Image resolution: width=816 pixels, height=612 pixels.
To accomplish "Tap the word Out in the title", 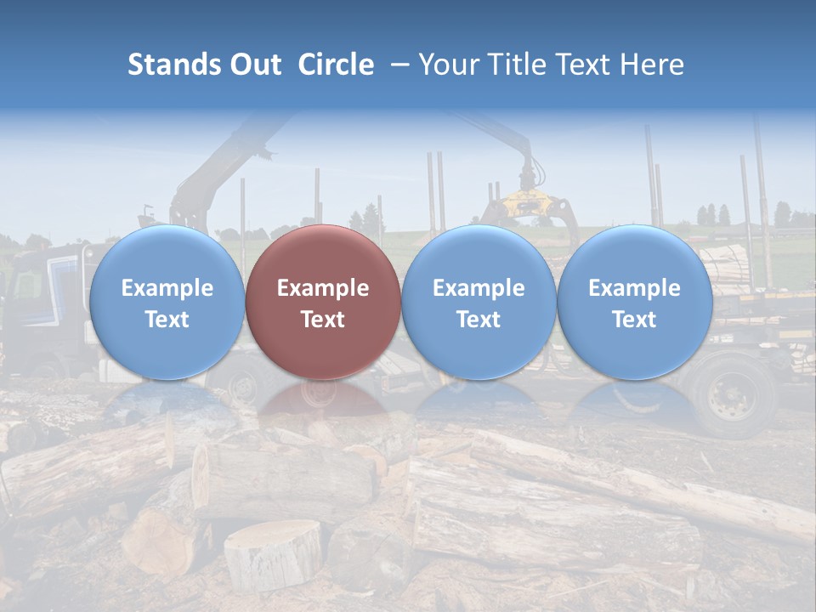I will click(x=253, y=65).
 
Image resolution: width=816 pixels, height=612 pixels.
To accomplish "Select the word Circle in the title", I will click(x=336, y=65).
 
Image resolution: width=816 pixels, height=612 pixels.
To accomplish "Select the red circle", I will click(x=323, y=303).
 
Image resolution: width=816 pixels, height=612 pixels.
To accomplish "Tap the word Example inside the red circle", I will click(x=323, y=288).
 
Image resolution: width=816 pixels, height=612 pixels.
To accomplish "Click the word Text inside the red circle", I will click(x=323, y=320).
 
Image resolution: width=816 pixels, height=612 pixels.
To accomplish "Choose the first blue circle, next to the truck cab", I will click(x=167, y=303).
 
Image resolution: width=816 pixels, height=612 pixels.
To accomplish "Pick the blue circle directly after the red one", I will click(x=479, y=303).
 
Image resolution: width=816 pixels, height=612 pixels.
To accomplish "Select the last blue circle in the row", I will click(x=634, y=303).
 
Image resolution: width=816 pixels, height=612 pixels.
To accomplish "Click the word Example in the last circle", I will click(x=634, y=288).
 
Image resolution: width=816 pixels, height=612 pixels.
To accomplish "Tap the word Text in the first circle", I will click(x=167, y=320).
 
